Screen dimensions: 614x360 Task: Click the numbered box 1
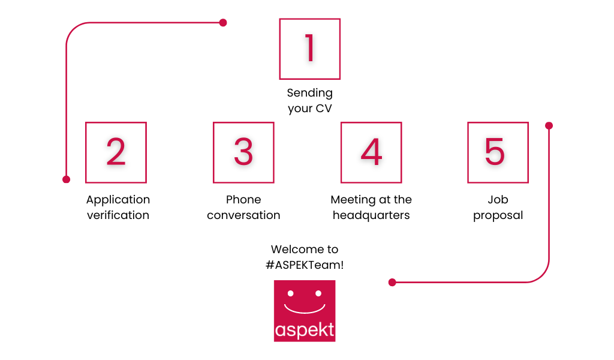(310, 49)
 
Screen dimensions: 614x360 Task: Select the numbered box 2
(116, 152)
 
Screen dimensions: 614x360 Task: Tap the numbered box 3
(243, 152)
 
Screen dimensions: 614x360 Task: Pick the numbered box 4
(371, 152)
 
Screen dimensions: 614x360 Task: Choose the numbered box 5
(498, 152)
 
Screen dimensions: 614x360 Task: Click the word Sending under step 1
(310, 93)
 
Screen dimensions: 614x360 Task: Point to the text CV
(324, 108)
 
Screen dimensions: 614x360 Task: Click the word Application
(118, 200)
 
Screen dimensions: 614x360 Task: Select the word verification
(118, 215)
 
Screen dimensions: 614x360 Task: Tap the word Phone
(243, 199)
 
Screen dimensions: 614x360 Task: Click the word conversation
(243, 215)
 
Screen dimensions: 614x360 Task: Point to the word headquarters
(371, 215)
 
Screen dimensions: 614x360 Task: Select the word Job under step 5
(498, 199)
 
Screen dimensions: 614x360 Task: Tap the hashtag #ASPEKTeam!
(305, 265)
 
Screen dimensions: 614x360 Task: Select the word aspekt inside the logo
(305, 330)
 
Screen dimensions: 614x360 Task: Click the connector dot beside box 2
(66, 179)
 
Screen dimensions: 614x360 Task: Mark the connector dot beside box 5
(549, 125)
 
